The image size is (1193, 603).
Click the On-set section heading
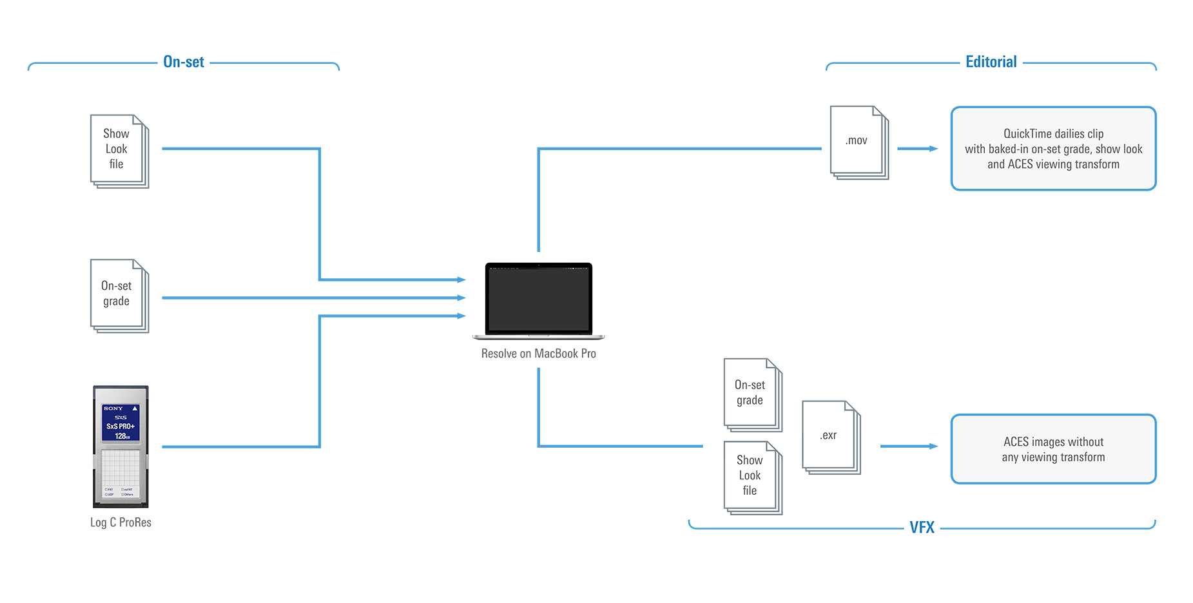pyautogui.click(x=184, y=62)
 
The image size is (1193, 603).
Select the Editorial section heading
pyautogui.click(x=991, y=62)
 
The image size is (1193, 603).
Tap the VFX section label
pyautogui.click(x=922, y=528)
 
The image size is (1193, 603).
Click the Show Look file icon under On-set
pyautogui.click(x=119, y=151)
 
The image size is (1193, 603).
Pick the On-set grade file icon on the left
pyautogui.click(x=119, y=295)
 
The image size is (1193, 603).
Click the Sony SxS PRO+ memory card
pyautogui.click(x=121, y=446)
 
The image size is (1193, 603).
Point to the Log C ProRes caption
pyautogui.click(x=121, y=522)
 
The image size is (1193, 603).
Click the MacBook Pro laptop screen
pyautogui.click(x=538, y=299)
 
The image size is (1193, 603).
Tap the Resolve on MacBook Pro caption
pyautogui.click(x=538, y=354)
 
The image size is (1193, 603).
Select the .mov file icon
pyautogui.click(x=858, y=142)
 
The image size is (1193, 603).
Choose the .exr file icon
pyautogui.click(x=830, y=437)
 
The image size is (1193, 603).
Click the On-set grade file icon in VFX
pyautogui.click(x=752, y=394)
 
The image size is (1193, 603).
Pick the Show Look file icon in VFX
pyautogui.click(x=752, y=477)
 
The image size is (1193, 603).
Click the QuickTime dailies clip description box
pyautogui.click(x=1053, y=149)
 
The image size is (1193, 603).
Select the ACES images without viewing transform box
pyautogui.click(x=1053, y=449)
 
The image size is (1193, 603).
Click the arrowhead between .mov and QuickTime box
pyautogui.click(x=933, y=149)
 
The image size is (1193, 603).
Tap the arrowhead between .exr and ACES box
pyautogui.click(x=933, y=446)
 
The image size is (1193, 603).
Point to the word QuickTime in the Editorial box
pyautogui.click(x=1027, y=134)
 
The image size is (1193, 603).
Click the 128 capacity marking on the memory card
pyautogui.click(x=121, y=436)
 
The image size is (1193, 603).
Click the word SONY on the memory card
pyautogui.click(x=113, y=408)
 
